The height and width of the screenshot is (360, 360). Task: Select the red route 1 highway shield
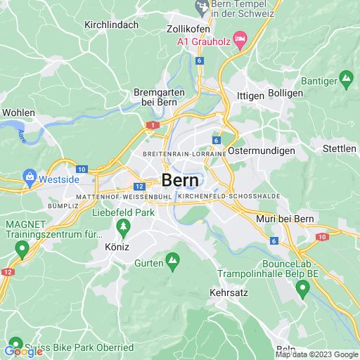coord(151,124)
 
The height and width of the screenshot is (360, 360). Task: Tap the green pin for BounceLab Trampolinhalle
coord(302,287)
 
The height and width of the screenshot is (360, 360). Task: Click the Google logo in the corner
coord(24,352)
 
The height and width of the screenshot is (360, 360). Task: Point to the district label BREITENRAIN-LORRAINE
coord(184,153)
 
